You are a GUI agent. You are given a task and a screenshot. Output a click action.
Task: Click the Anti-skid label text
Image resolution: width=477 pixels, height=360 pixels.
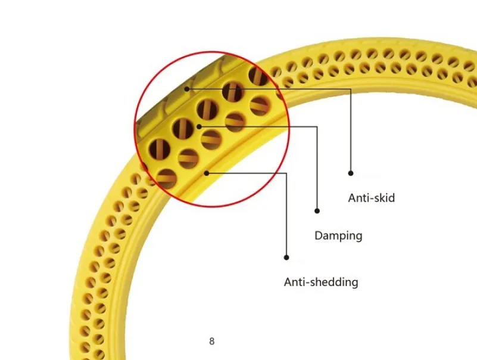pyautogui.click(x=371, y=198)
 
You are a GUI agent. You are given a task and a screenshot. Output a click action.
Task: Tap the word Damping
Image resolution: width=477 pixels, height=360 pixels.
pyautogui.click(x=338, y=235)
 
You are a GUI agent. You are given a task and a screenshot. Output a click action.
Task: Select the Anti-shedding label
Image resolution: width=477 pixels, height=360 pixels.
pyautogui.click(x=321, y=282)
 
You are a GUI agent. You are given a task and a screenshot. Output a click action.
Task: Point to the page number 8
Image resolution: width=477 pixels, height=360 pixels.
pyautogui.click(x=212, y=342)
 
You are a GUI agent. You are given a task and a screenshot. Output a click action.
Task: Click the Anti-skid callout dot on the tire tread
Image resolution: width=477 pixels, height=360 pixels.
pyautogui.click(x=187, y=89)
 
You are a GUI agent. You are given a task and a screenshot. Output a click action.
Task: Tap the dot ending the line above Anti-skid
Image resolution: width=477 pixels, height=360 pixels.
pyautogui.click(x=351, y=173)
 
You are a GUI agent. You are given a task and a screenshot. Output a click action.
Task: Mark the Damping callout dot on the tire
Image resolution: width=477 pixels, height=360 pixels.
pyautogui.click(x=199, y=126)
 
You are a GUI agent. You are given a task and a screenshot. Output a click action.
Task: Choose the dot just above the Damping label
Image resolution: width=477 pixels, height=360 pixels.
pyautogui.click(x=317, y=210)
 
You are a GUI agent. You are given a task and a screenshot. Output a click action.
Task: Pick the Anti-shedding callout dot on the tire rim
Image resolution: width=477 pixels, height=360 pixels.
pyautogui.click(x=206, y=173)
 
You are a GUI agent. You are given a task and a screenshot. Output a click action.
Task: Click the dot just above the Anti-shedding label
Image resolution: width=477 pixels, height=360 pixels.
pyautogui.click(x=286, y=257)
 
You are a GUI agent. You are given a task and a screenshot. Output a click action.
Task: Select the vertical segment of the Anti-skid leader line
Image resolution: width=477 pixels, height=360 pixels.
pyautogui.click(x=351, y=131)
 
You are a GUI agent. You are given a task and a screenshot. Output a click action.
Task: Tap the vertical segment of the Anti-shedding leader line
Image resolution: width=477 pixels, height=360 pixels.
pyautogui.click(x=286, y=215)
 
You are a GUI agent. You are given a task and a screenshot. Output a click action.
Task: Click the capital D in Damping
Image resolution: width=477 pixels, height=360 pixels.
pyautogui.click(x=319, y=235)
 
